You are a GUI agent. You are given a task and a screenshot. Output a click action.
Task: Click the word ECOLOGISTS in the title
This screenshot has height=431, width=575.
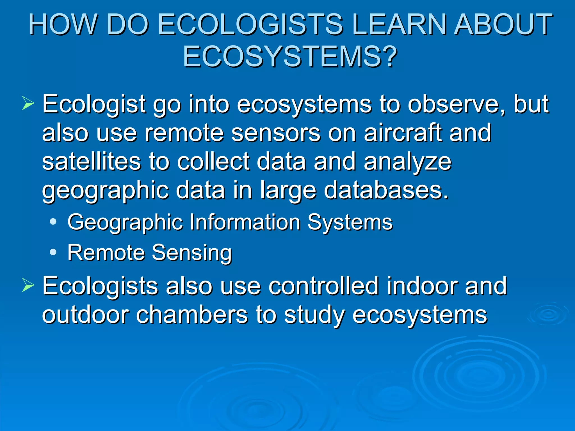click(x=250, y=25)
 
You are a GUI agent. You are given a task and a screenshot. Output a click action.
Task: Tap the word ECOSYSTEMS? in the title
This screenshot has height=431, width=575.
click(x=290, y=57)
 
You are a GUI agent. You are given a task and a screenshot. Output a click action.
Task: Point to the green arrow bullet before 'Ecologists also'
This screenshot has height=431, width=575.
click(x=28, y=286)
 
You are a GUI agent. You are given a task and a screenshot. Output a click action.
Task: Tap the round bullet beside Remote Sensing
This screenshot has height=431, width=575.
click(x=53, y=252)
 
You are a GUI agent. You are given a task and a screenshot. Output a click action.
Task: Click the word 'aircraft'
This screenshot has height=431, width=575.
click(x=403, y=133)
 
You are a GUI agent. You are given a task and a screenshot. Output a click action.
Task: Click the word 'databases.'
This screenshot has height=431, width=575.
click(x=386, y=190)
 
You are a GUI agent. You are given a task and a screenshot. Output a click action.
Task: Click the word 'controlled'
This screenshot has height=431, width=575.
click(x=323, y=286)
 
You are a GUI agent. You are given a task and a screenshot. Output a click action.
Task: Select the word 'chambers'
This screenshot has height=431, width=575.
click(x=192, y=315)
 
